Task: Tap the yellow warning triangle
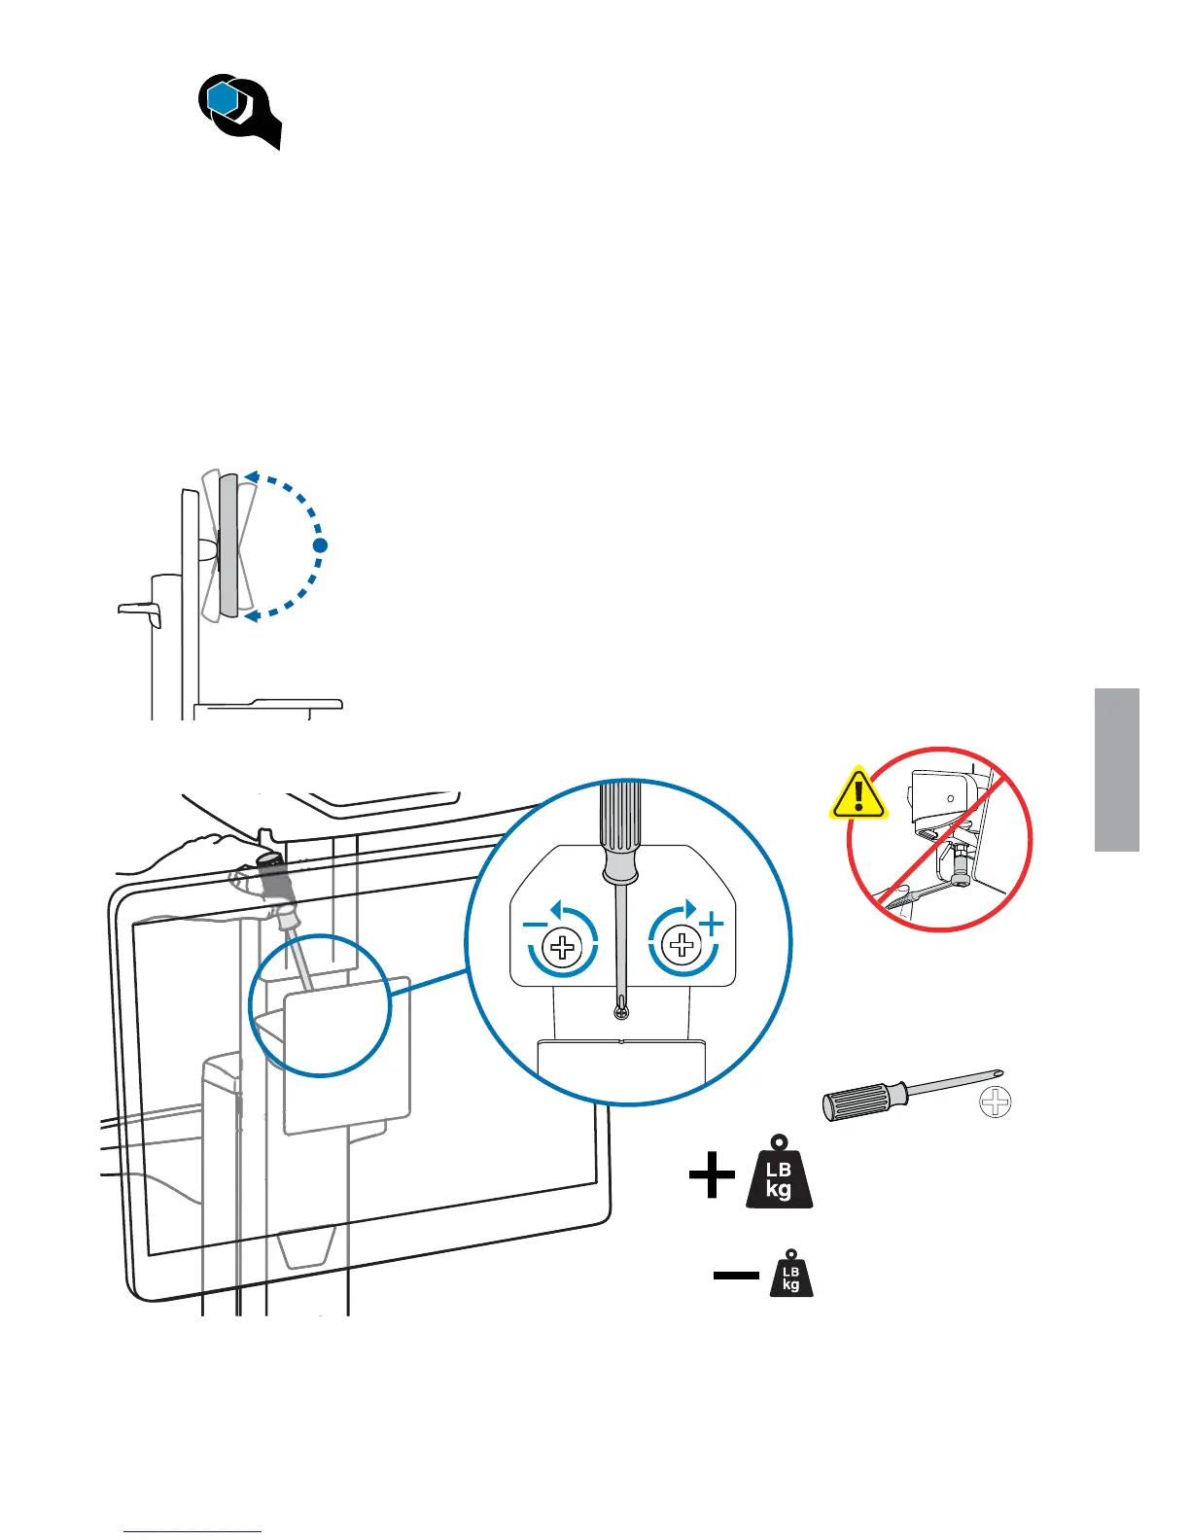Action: (857, 794)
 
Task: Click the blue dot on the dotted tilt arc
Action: (320, 545)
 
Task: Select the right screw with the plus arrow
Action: (683, 944)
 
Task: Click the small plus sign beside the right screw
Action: (713, 924)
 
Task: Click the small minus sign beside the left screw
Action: (535, 924)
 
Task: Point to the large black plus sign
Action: (712, 1175)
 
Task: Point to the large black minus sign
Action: (736, 1275)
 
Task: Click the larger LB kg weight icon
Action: (779, 1174)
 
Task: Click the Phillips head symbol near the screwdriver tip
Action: (996, 1102)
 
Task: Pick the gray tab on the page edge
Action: (1116, 769)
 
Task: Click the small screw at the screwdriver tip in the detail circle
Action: (621, 1013)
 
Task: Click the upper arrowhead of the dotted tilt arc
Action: (251, 476)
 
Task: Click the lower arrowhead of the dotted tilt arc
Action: (251, 615)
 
